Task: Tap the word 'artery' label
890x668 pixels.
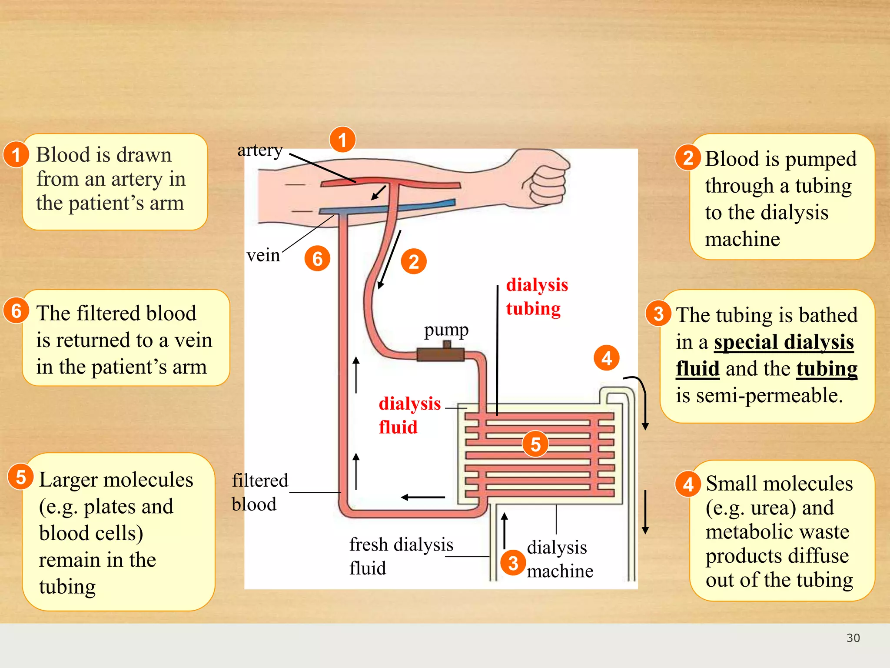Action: (260, 150)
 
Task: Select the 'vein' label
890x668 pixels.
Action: (263, 255)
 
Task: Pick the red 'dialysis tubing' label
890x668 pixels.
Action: (536, 297)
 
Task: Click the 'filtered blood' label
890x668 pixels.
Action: (259, 492)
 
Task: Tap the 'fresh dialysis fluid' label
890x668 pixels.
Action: (401, 556)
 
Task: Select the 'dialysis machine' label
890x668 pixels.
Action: (559, 559)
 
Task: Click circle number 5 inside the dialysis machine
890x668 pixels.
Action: (535, 444)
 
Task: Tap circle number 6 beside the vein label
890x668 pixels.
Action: (317, 259)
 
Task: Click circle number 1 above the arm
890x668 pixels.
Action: (342, 140)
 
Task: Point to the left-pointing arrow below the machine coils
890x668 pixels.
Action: (422, 497)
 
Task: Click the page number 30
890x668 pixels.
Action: (853, 638)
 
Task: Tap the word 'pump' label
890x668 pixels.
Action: (446, 330)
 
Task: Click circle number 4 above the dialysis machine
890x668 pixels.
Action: (606, 358)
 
